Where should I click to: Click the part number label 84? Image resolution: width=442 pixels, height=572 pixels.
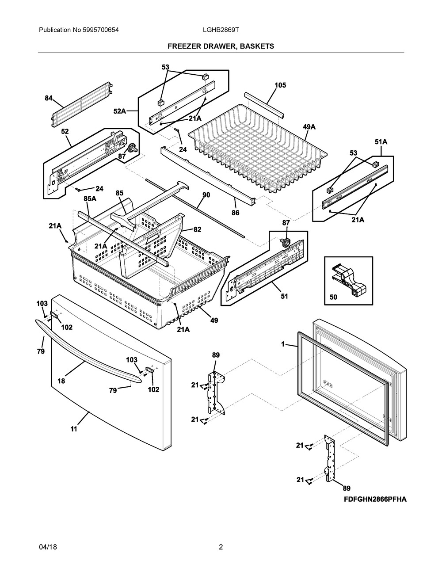49,98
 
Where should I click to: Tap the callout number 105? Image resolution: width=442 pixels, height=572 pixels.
280,85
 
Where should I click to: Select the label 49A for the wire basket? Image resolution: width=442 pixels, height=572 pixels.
309,127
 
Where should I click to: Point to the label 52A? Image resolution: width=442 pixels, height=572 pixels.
120,111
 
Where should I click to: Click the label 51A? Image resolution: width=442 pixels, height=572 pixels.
381,142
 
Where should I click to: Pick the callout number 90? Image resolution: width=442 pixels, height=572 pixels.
206,195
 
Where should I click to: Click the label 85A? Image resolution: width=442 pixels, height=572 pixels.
90,198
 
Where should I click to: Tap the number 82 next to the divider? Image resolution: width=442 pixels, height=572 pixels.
197,229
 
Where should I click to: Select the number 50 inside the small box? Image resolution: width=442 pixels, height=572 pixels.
333,297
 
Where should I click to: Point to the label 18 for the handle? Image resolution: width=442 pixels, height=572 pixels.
61,381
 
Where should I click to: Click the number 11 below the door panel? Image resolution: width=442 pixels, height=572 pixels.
74,429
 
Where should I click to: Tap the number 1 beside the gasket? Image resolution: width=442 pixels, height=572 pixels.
283,344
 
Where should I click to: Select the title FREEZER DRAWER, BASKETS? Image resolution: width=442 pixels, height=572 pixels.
221,46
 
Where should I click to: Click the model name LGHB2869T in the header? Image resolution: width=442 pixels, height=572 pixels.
221,30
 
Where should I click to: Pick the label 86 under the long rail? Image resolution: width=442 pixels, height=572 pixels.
235,213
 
